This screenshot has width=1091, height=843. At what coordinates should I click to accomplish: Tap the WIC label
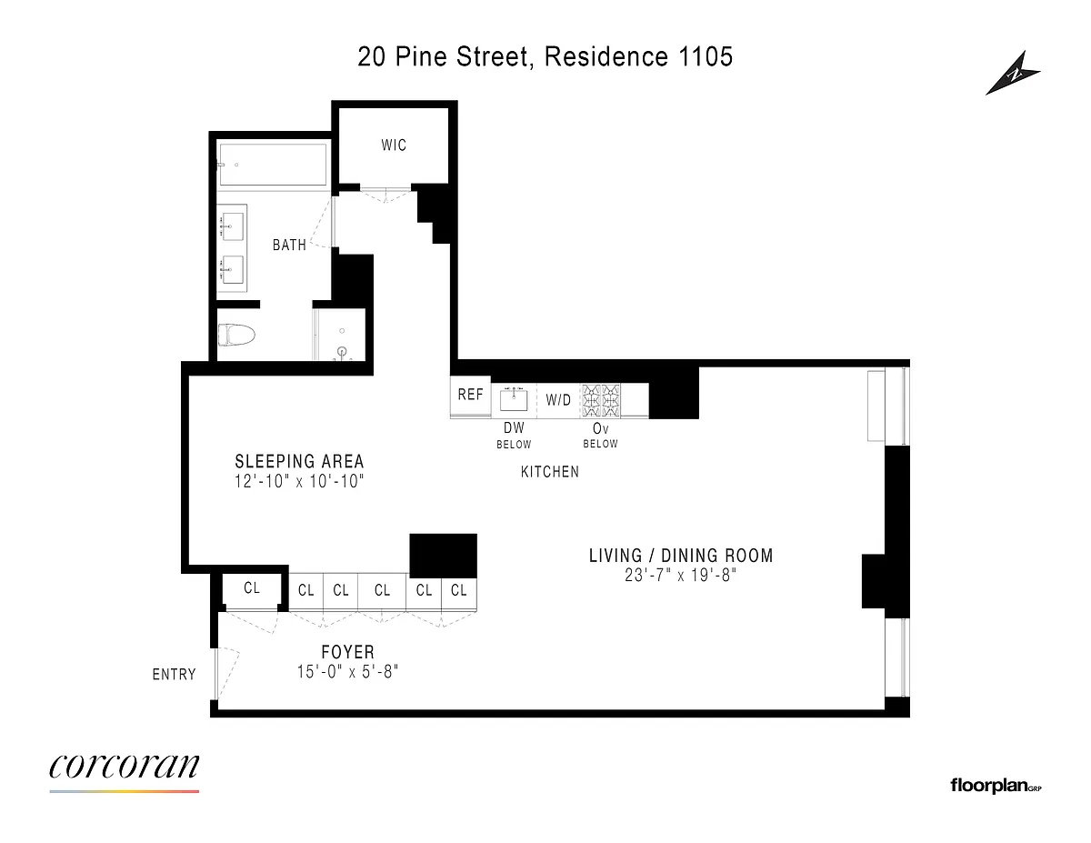[394, 146]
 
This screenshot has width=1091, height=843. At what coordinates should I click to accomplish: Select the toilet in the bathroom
[236, 335]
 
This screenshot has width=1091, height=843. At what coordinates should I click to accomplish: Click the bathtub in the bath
[273, 165]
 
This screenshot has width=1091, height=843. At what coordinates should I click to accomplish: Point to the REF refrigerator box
[470, 396]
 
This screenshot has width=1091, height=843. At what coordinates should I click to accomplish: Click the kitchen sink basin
[514, 400]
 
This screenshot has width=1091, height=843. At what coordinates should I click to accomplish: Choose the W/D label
[558, 400]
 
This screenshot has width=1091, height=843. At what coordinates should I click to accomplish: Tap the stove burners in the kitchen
[600, 400]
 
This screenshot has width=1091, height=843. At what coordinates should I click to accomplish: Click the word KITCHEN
[550, 472]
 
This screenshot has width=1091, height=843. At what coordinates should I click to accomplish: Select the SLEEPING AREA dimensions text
[299, 481]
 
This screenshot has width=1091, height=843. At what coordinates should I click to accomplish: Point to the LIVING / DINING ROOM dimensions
[681, 575]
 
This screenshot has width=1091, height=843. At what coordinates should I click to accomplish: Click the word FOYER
[348, 652]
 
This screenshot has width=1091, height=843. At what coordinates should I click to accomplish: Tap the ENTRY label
[175, 674]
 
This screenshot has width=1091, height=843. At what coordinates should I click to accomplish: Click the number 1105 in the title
[706, 56]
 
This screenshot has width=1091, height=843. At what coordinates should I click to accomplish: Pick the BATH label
[289, 245]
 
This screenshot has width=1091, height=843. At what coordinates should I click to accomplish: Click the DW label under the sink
[514, 427]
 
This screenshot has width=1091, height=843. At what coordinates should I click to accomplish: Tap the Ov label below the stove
[600, 428]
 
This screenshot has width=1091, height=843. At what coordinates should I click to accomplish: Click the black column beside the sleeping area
[444, 556]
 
